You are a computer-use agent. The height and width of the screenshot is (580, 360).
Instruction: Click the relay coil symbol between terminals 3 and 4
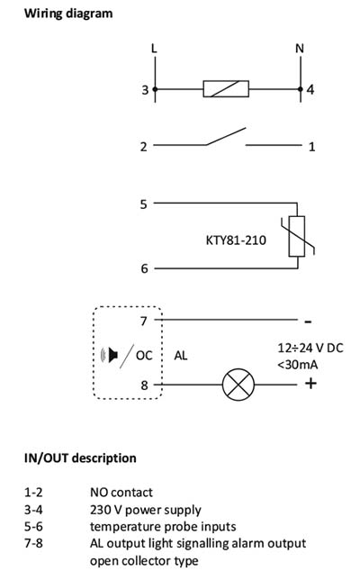coord(226,89)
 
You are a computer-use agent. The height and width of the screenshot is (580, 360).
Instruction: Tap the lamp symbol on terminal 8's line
coord(238,385)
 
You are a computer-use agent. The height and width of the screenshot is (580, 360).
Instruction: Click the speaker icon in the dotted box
coord(110,355)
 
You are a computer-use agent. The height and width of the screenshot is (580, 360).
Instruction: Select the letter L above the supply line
coord(154,49)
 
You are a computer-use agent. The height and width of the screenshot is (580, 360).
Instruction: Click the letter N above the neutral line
coord(300,49)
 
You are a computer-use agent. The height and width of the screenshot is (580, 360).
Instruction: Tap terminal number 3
coord(145,90)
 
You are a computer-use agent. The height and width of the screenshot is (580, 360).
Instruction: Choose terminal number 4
coord(310,90)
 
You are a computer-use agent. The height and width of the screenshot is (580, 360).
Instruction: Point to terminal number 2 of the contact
coord(143,147)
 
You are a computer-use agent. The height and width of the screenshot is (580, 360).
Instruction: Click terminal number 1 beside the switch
coord(312,147)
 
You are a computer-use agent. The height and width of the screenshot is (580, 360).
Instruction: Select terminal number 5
coord(143,204)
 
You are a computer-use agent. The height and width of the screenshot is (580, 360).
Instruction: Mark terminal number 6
coord(145,268)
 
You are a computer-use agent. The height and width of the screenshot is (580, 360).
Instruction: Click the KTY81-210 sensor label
coord(236,240)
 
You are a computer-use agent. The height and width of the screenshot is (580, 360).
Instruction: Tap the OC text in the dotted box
coord(144,356)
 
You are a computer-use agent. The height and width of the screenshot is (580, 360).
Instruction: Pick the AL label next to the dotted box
coord(181,356)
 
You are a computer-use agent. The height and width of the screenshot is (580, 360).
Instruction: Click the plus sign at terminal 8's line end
coord(310,384)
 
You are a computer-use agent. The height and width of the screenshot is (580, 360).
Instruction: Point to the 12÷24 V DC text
coord(310,348)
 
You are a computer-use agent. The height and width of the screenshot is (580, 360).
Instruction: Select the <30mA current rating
coord(298,365)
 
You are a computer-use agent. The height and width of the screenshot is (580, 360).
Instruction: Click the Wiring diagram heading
coord(68,14)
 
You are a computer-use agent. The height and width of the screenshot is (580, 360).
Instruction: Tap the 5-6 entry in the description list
coord(33,526)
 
